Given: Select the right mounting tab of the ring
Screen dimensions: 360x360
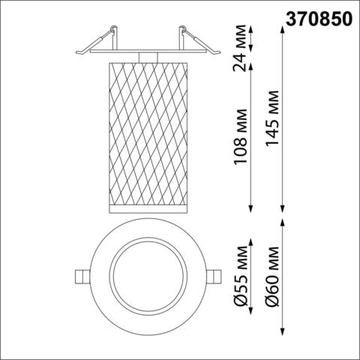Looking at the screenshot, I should tap(215, 275).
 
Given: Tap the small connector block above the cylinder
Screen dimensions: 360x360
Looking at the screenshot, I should tap(148, 58).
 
